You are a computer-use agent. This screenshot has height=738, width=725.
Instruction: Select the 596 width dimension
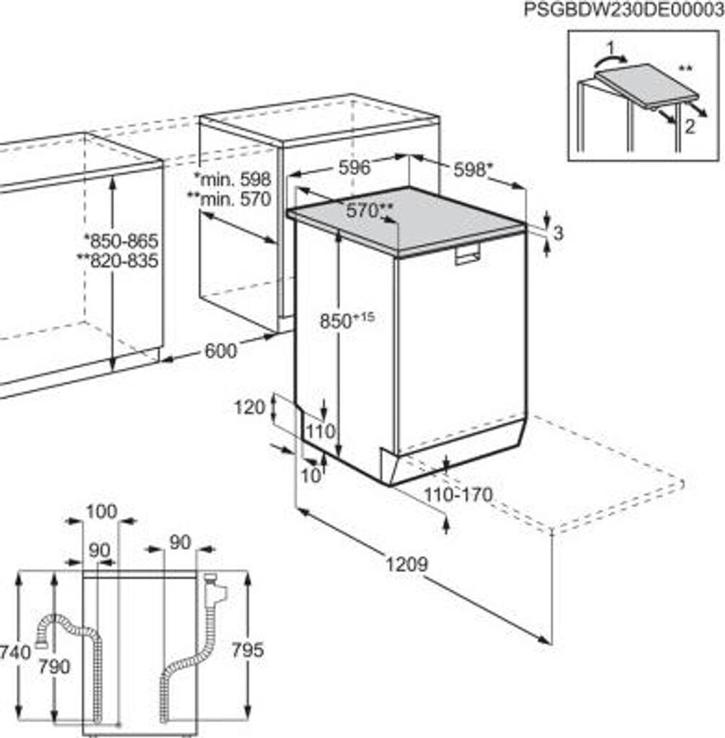pos(354,168)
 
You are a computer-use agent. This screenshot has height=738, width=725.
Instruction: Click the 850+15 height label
pos(347,320)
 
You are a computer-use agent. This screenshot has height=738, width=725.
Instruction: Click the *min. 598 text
pos(232,179)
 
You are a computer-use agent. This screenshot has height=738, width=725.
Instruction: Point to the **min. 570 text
pos(230,199)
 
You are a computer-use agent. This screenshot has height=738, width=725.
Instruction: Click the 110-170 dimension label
pos(458,494)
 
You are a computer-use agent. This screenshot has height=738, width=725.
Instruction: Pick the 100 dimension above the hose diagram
pos(100,512)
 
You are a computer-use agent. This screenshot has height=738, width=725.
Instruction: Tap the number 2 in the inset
pos(690,127)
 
